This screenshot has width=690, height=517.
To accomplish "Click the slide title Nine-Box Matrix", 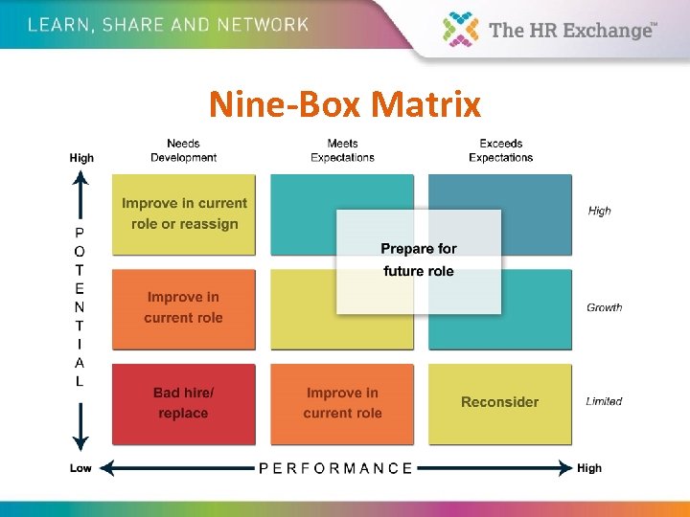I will [344, 103].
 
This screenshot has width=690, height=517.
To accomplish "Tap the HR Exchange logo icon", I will [461, 29].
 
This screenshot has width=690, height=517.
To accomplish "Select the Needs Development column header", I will [183, 150].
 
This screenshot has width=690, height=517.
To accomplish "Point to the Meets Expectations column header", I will [342, 150].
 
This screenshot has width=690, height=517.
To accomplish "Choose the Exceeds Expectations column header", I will [500, 150].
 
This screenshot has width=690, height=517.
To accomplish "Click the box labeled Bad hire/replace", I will [183, 403].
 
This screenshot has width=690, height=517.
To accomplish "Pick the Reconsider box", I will [499, 402].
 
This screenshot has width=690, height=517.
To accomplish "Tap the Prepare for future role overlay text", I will [419, 259].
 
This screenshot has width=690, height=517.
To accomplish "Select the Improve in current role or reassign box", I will [184, 214].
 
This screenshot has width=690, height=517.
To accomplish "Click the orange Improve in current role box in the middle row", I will [183, 307].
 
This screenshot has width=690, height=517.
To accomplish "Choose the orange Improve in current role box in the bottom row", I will [342, 403].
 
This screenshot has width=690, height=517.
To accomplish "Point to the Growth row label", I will [604, 307].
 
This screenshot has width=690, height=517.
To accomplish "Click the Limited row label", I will [604, 401].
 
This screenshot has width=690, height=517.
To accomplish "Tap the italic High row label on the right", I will [600, 211].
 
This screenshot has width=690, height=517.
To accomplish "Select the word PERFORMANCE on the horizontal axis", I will [335, 468].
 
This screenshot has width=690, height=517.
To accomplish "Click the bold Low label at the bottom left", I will [81, 468].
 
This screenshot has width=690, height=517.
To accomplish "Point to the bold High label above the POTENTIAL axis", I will [81, 157].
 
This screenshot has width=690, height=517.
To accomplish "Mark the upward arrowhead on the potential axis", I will [81, 177].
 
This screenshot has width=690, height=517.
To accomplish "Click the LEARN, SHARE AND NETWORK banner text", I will [168, 25].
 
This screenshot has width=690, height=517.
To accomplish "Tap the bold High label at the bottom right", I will [589, 468].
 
